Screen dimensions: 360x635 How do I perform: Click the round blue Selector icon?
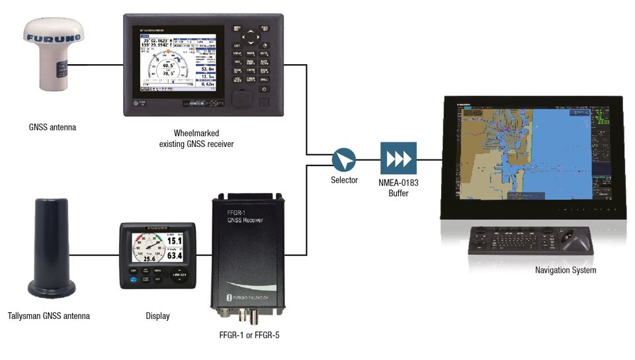[x=344, y=159]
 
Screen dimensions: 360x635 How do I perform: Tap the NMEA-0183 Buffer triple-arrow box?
[x=398, y=159]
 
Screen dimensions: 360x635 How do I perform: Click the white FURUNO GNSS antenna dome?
[x=52, y=56]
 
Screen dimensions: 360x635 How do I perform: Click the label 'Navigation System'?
[x=566, y=270]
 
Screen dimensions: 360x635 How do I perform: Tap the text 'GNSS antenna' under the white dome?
[x=52, y=127]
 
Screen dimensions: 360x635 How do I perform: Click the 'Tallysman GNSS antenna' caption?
[x=49, y=316]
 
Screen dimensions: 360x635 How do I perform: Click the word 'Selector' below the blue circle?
[x=344, y=180]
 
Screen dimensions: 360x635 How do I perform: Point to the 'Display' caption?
[x=157, y=316]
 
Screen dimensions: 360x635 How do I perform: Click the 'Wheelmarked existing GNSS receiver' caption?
[x=198, y=138]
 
